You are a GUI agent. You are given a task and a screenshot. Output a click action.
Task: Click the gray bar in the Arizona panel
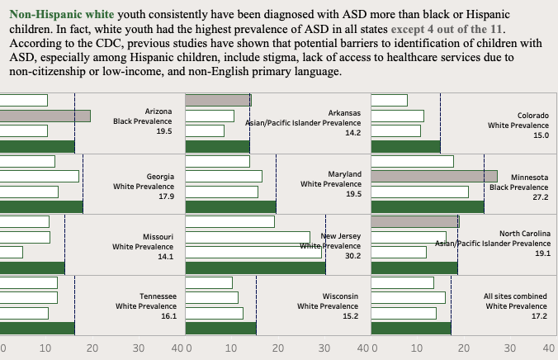click(x=45, y=116)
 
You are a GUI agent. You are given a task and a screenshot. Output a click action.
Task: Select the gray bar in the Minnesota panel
click(x=434, y=177)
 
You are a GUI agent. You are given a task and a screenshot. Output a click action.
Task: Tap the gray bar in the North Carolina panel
click(x=415, y=221)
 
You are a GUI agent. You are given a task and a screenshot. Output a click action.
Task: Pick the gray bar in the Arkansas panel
click(x=218, y=100)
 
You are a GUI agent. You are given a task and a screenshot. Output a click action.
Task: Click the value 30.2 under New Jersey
click(x=352, y=256)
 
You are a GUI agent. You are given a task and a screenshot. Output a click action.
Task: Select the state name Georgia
click(x=160, y=176)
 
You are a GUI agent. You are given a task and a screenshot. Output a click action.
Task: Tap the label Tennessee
click(x=157, y=296)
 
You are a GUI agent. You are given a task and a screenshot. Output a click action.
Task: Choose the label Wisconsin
click(x=341, y=296)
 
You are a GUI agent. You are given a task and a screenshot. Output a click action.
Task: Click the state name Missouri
click(x=158, y=236)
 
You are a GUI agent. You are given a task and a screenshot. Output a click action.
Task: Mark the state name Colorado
click(x=532, y=116)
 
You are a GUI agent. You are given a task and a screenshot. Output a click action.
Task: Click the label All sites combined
click(x=516, y=296)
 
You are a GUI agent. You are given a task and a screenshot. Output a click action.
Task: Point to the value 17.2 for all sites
click(x=539, y=316)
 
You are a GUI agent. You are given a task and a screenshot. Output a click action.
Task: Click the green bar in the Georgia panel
click(x=41, y=206)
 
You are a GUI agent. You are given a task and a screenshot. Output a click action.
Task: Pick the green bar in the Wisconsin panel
click(x=221, y=328)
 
